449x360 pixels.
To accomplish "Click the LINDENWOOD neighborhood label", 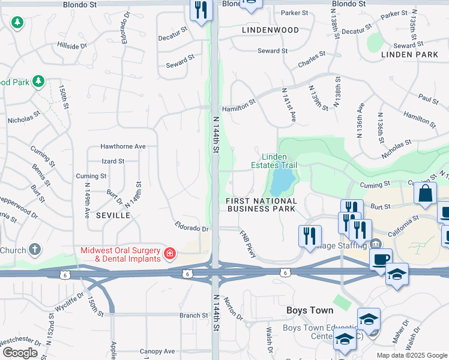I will (270, 29).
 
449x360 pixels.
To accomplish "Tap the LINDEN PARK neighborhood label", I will (413, 55).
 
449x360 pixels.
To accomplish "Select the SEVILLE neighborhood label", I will (112, 215).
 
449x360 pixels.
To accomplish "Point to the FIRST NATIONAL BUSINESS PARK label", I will (262, 205).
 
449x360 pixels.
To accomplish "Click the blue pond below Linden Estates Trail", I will (283, 179).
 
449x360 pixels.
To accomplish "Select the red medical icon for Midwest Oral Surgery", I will (170, 253).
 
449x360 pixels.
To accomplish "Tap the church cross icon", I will (35, 250).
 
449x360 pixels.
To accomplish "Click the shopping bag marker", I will (425, 194).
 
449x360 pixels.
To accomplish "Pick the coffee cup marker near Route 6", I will (381, 259).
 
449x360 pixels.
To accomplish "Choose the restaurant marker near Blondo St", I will (201, 10).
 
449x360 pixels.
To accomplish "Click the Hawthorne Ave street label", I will (123, 146).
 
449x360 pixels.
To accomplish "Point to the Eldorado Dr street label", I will (191, 229).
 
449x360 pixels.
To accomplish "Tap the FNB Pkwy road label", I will (248, 244).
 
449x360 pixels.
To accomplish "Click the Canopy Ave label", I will (157, 351).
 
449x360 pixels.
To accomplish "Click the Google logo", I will (19, 353).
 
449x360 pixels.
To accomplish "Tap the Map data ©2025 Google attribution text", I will (412, 355).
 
